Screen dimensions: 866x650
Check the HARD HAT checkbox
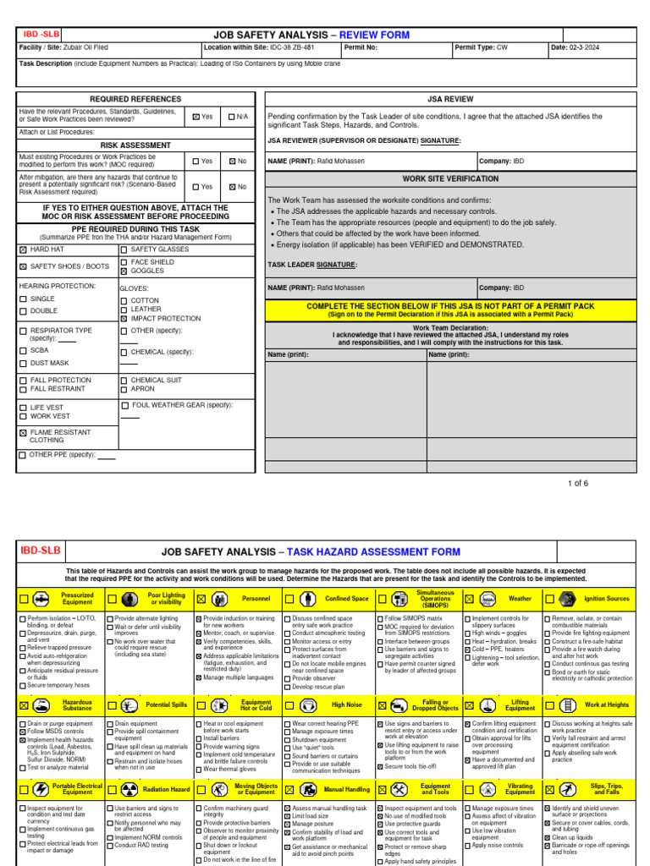coord(23,249)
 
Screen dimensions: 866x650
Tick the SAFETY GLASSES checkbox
coord(124,249)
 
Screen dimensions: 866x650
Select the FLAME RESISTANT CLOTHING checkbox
coord(23,432)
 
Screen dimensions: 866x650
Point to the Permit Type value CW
coord(502,48)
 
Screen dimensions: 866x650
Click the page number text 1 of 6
coord(577,483)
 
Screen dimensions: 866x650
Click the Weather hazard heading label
coord(520,599)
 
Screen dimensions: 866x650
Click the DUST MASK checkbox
coord(23,363)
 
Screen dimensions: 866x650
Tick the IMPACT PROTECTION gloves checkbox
coord(124,319)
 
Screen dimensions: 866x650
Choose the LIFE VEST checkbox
coord(23,407)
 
